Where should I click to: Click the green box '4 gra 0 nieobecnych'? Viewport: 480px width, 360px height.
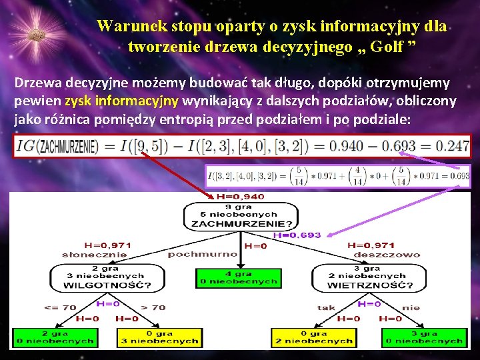239,277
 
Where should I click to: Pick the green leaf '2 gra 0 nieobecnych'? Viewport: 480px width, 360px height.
54,337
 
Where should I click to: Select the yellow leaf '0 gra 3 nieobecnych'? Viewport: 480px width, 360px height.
159,337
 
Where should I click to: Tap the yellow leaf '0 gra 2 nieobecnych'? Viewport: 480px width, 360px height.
313,337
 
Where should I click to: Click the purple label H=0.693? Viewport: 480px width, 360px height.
297,235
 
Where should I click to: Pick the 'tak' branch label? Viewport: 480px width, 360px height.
326,307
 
